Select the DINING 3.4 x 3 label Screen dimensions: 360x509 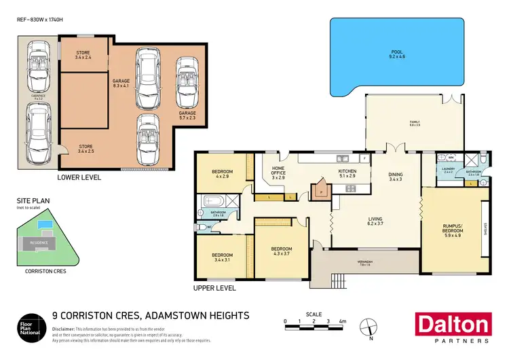pyautogui.click(x=396, y=177)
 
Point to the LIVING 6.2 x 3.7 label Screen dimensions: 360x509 pyautogui.click(x=375, y=221)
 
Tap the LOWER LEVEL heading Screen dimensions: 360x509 pyautogui.click(x=79, y=177)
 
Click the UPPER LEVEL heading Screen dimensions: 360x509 pyautogui.click(x=216, y=288)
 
